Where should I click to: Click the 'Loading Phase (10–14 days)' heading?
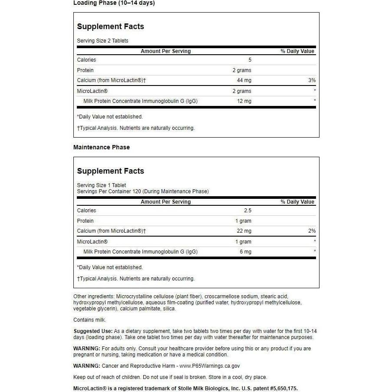114,3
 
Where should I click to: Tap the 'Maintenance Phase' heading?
102,147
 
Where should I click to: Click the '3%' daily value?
312,80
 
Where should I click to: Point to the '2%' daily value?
312,231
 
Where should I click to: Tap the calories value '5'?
250,60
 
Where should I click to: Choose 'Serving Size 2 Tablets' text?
102,41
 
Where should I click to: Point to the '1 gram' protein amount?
243,221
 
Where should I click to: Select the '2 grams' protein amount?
242,70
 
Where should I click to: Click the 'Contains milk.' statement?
90,320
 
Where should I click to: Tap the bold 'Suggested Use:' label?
93,331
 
